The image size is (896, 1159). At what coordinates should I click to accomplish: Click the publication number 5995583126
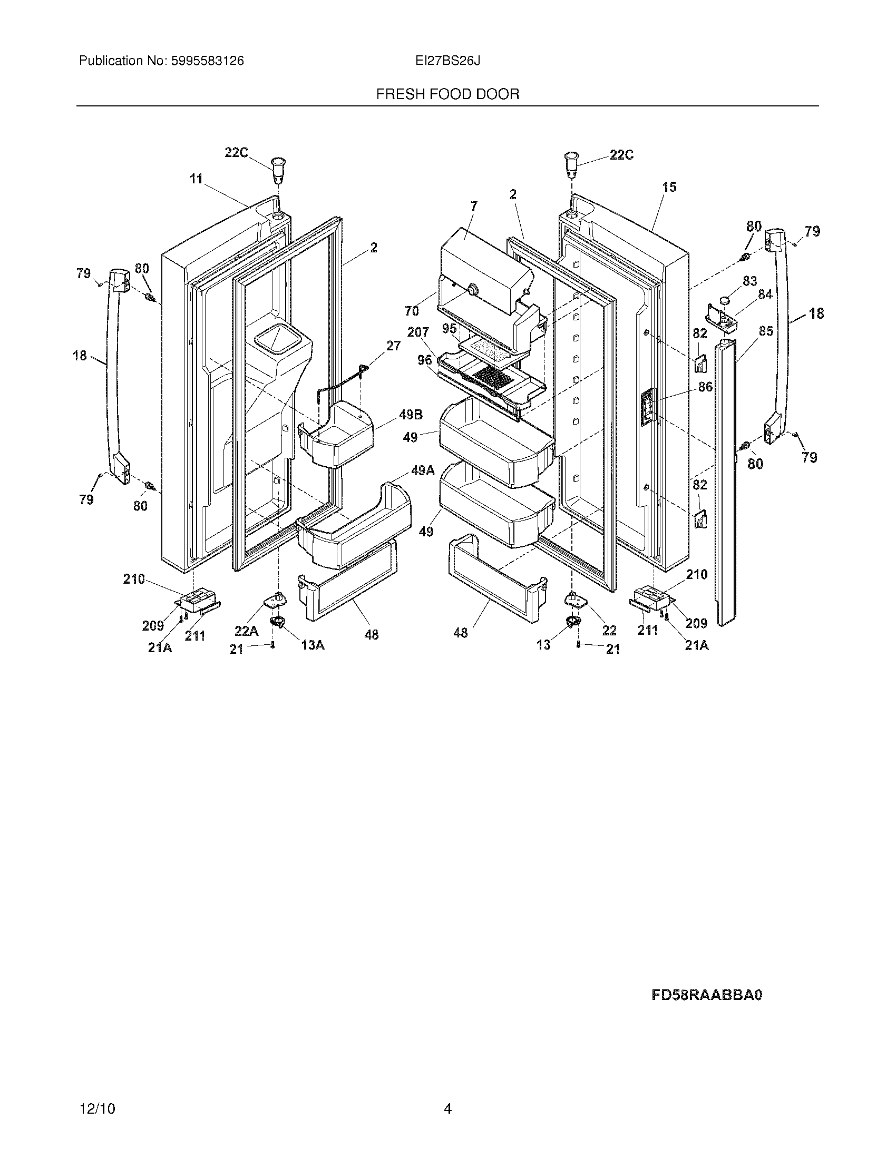(x=207, y=61)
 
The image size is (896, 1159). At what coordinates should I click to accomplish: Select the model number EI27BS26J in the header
(x=447, y=61)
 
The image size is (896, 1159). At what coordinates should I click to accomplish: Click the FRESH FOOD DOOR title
(x=447, y=94)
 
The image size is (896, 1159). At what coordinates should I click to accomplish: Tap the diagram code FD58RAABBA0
(x=706, y=995)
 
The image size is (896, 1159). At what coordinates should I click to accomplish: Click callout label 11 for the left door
(x=197, y=179)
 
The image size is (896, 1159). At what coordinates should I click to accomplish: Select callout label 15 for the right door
(x=669, y=187)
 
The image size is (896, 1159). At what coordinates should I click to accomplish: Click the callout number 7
(x=474, y=206)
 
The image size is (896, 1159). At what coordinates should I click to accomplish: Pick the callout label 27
(x=393, y=346)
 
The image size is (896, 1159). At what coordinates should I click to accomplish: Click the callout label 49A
(x=423, y=470)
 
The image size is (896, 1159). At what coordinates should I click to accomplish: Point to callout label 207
(x=418, y=333)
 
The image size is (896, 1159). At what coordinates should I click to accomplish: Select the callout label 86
(x=705, y=387)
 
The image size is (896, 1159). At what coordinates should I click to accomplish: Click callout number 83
(x=749, y=281)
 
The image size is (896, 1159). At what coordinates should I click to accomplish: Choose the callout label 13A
(x=313, y=645)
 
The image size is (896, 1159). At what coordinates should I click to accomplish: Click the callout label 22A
(x=246, y=631)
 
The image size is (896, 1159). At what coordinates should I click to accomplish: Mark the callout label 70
(x=412, y=311)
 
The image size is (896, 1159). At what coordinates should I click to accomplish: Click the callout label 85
(x=765, y=331)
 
